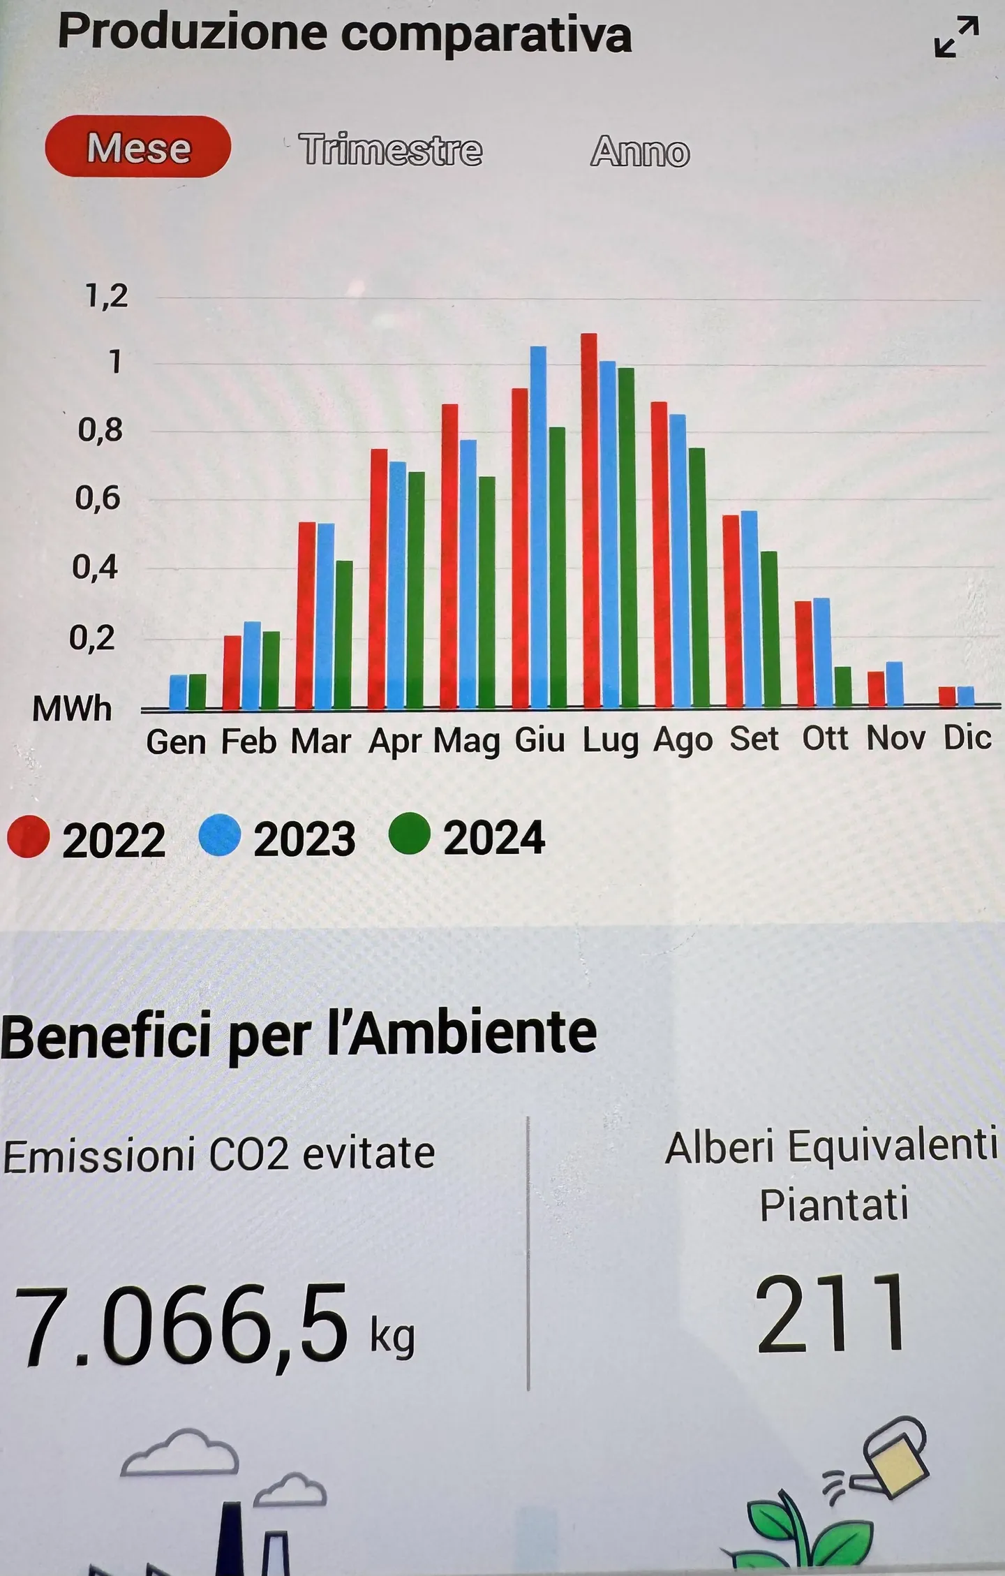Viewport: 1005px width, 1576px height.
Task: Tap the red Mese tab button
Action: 137,147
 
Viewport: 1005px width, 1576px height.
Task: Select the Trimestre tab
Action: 390,149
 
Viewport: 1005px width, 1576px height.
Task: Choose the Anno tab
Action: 640,151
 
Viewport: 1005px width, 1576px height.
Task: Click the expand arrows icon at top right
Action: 956,37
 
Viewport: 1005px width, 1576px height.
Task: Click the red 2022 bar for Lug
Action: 589,520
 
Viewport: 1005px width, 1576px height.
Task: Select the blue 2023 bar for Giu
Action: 538,527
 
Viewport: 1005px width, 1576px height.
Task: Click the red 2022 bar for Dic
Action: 947,696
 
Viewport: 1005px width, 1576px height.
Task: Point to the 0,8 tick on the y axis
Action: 100,430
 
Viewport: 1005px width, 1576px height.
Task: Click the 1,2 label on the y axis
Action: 107,296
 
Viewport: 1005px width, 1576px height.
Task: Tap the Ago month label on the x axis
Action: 683,740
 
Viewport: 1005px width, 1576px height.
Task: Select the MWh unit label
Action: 72,709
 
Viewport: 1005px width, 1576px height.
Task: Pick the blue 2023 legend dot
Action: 220,836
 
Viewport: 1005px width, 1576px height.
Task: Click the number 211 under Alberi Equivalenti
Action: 831,1313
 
